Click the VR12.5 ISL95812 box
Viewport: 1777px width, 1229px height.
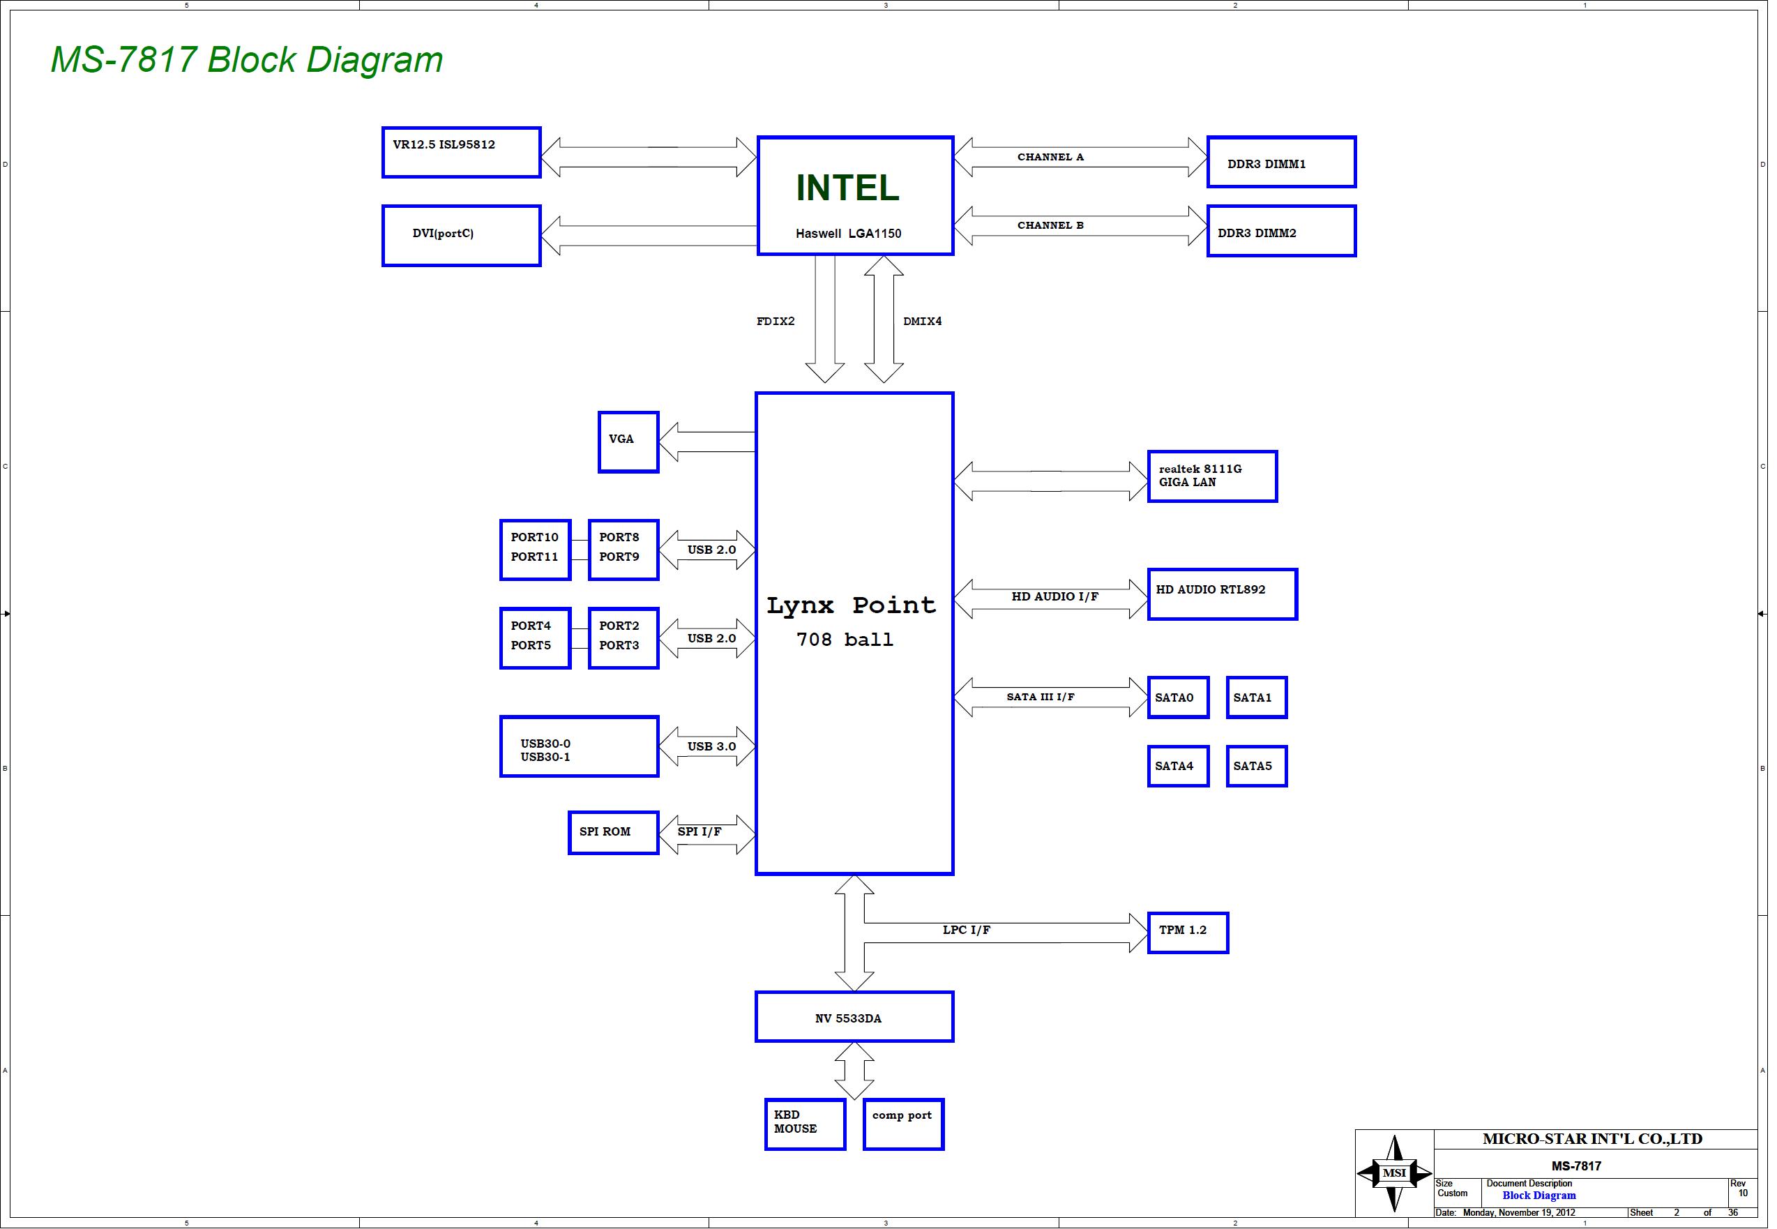(462, 153)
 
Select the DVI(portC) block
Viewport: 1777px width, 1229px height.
(462, 236)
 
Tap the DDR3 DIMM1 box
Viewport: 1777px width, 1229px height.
(1282, 162)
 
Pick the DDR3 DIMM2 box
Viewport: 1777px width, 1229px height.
(1282, 231)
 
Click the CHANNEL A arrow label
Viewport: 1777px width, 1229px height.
(1051, 157)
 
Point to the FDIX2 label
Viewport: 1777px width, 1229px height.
(776, 321)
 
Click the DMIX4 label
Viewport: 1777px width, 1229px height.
(923, 321)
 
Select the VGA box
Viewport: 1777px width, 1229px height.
(629, 442)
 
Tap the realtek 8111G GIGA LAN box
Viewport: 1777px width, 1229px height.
(1213, 476)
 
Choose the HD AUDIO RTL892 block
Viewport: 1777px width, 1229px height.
(1223, 594)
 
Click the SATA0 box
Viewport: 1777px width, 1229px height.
(1179, 698)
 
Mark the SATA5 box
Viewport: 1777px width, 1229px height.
(1257, 766)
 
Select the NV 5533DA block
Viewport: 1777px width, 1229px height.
(854, 1017)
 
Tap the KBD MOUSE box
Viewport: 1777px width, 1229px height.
(806, 1124)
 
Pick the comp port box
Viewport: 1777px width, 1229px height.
(904, 1124)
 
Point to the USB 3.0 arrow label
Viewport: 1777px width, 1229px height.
(711, 747)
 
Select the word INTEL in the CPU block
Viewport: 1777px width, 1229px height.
(847, 188)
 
